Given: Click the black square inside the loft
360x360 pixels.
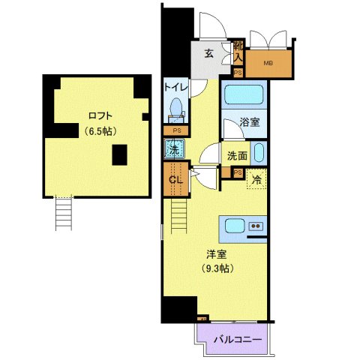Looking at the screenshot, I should click(119, 155).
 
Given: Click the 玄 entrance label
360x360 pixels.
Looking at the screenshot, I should click(210, 52).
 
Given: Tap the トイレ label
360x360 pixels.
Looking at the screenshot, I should click(177, 87).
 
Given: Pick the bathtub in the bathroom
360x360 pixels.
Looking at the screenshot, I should click(244, 95).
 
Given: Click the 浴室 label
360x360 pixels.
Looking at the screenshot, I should click(250, 122).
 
